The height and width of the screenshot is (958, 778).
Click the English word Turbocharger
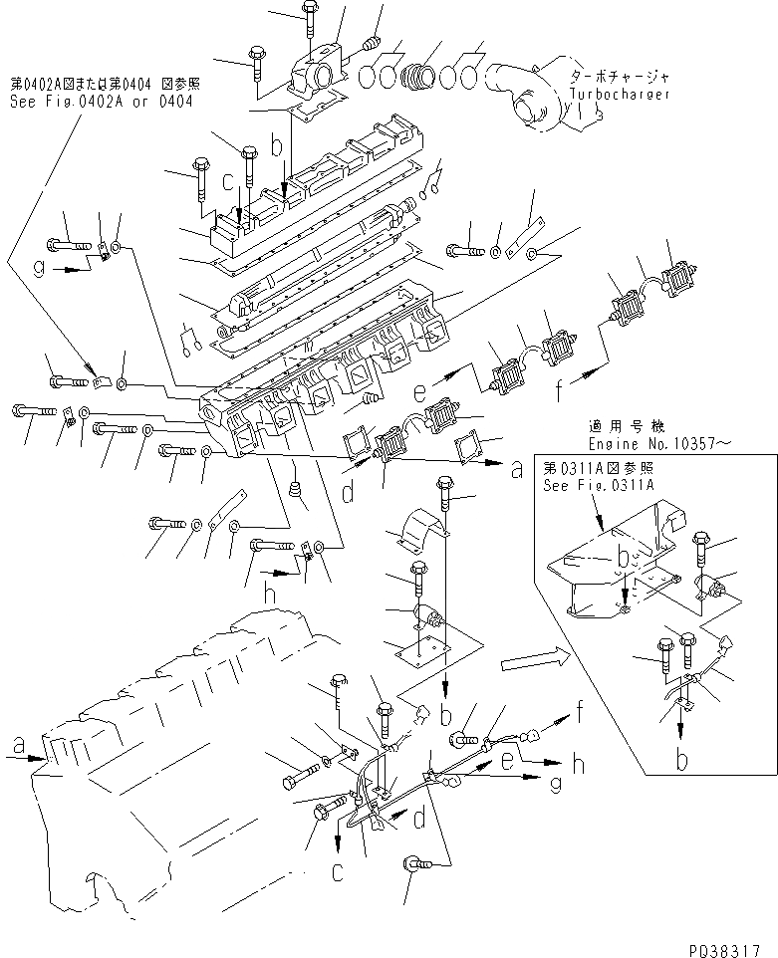(x=620, y=95)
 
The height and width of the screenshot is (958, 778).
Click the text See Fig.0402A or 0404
(x=102, y=102)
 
